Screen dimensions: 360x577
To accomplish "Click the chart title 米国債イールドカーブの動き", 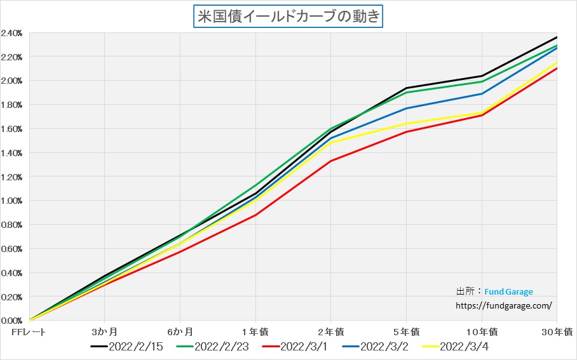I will click(x=288, y=16).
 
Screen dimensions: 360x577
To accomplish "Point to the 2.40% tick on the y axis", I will click(x=13, y=33).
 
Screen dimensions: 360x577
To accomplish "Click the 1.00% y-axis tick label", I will click(x=13, y=201).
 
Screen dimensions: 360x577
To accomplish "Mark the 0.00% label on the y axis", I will click(x=13, y=321).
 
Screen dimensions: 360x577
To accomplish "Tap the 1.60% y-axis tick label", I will click(x=13, y=129).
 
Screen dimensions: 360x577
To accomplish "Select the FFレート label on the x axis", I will click(x=29, y=331).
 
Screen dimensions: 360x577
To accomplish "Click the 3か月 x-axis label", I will click(x=104, y=331).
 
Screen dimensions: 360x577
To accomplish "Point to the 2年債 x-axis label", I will click(x=330, y=331).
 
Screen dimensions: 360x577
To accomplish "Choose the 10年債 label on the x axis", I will click(x=481, y=331).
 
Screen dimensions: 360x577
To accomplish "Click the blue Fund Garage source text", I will click(x=508, y=292).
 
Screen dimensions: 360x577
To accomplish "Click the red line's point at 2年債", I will click(x=330, y=161).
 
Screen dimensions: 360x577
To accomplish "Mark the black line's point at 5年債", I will click(x=406, y=88).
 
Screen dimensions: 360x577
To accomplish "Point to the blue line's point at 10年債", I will click(x=482, y=94).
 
